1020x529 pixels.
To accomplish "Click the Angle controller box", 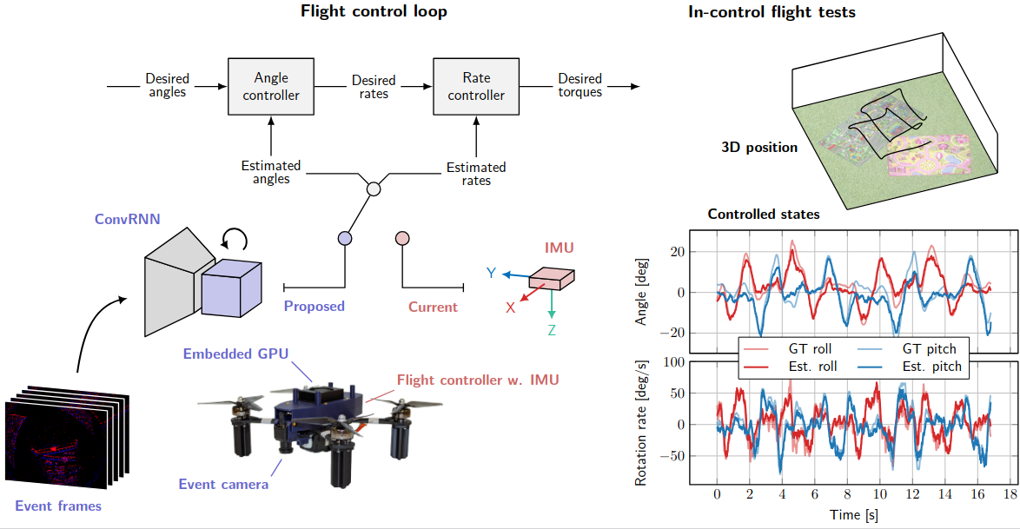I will click(x=270, y=86).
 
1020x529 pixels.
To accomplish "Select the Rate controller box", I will click(x=475, y=86).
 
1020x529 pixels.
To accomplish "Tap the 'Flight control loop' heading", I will click(x=374, y=11).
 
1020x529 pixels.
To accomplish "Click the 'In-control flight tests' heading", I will click(x=772, y=11).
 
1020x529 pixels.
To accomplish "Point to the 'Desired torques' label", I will click(x=580, y=85).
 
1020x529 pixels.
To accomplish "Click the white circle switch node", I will click(x=374, y=188).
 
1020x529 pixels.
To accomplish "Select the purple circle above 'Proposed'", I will click(x=345, y=238).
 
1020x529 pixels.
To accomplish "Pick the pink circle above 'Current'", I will click(x=401, y=238).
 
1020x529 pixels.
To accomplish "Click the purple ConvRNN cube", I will click(x=230, y=287).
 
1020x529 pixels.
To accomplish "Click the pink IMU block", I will click(x=552, y=276).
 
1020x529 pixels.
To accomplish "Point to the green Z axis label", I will click(x=552, y=330).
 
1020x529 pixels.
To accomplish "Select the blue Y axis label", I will click(x=492, y=273).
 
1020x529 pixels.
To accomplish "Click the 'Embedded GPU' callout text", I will click(x=235, y=354).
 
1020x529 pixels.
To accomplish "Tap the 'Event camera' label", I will click(x=223, y=484).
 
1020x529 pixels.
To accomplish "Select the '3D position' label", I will click(x=759, y=147).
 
